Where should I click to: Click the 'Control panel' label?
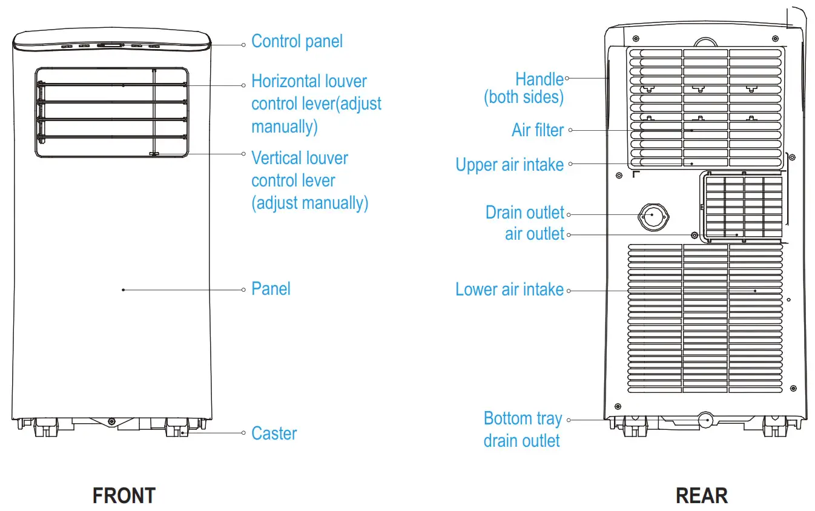tap(297, 42)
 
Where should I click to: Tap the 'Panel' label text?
tap(271, 289)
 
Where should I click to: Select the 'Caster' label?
tap(274, 434)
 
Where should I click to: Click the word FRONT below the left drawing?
tap(124, 496)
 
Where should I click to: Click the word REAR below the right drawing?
tap(701, 496)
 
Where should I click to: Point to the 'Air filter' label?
tap(538, 130)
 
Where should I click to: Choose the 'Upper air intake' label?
tap(509, 165)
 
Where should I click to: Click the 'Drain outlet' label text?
tap(524, 213)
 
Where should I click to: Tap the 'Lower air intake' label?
tap(509, 289)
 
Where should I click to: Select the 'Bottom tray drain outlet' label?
tap(523, 429)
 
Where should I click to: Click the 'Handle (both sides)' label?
tap(524, 88)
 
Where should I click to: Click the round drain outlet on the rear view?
tap(653, 216)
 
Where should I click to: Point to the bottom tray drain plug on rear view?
tap(705, 420)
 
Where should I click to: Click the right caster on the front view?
tap(176, 427)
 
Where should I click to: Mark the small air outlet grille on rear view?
tap(744, 207)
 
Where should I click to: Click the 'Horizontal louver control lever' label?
tap(316, 104)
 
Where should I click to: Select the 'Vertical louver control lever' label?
tap(309, 180)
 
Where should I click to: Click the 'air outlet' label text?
tap(534, 234)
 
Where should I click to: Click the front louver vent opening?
tap(111, 113)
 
